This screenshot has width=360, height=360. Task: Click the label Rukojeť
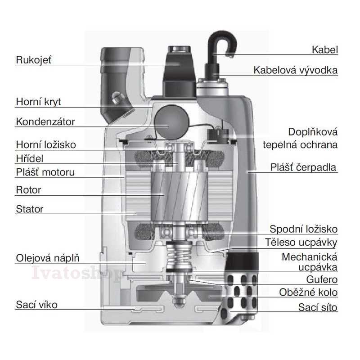[x=34, y=60]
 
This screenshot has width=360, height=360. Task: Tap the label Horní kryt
[x=38, y=102]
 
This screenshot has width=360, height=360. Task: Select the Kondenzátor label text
[x=45, y=121]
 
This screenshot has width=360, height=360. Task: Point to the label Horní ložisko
[x=46, y=144]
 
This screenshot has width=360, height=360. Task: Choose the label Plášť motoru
[x=45, y=172]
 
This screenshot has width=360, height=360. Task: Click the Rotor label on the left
[x=28, y=189]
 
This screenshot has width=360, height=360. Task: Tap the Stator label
[x=30, y=209]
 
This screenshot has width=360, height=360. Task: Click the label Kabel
[x=324, y=49]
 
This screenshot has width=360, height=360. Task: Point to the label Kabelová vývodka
[x=296, y=70]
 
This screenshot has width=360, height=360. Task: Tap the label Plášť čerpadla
[x=304, y=167]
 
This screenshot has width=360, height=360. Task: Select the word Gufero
[x=321, y=279]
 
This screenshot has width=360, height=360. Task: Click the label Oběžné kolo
[x=308, y=292]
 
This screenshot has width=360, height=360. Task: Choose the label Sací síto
[x=318, y=308]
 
